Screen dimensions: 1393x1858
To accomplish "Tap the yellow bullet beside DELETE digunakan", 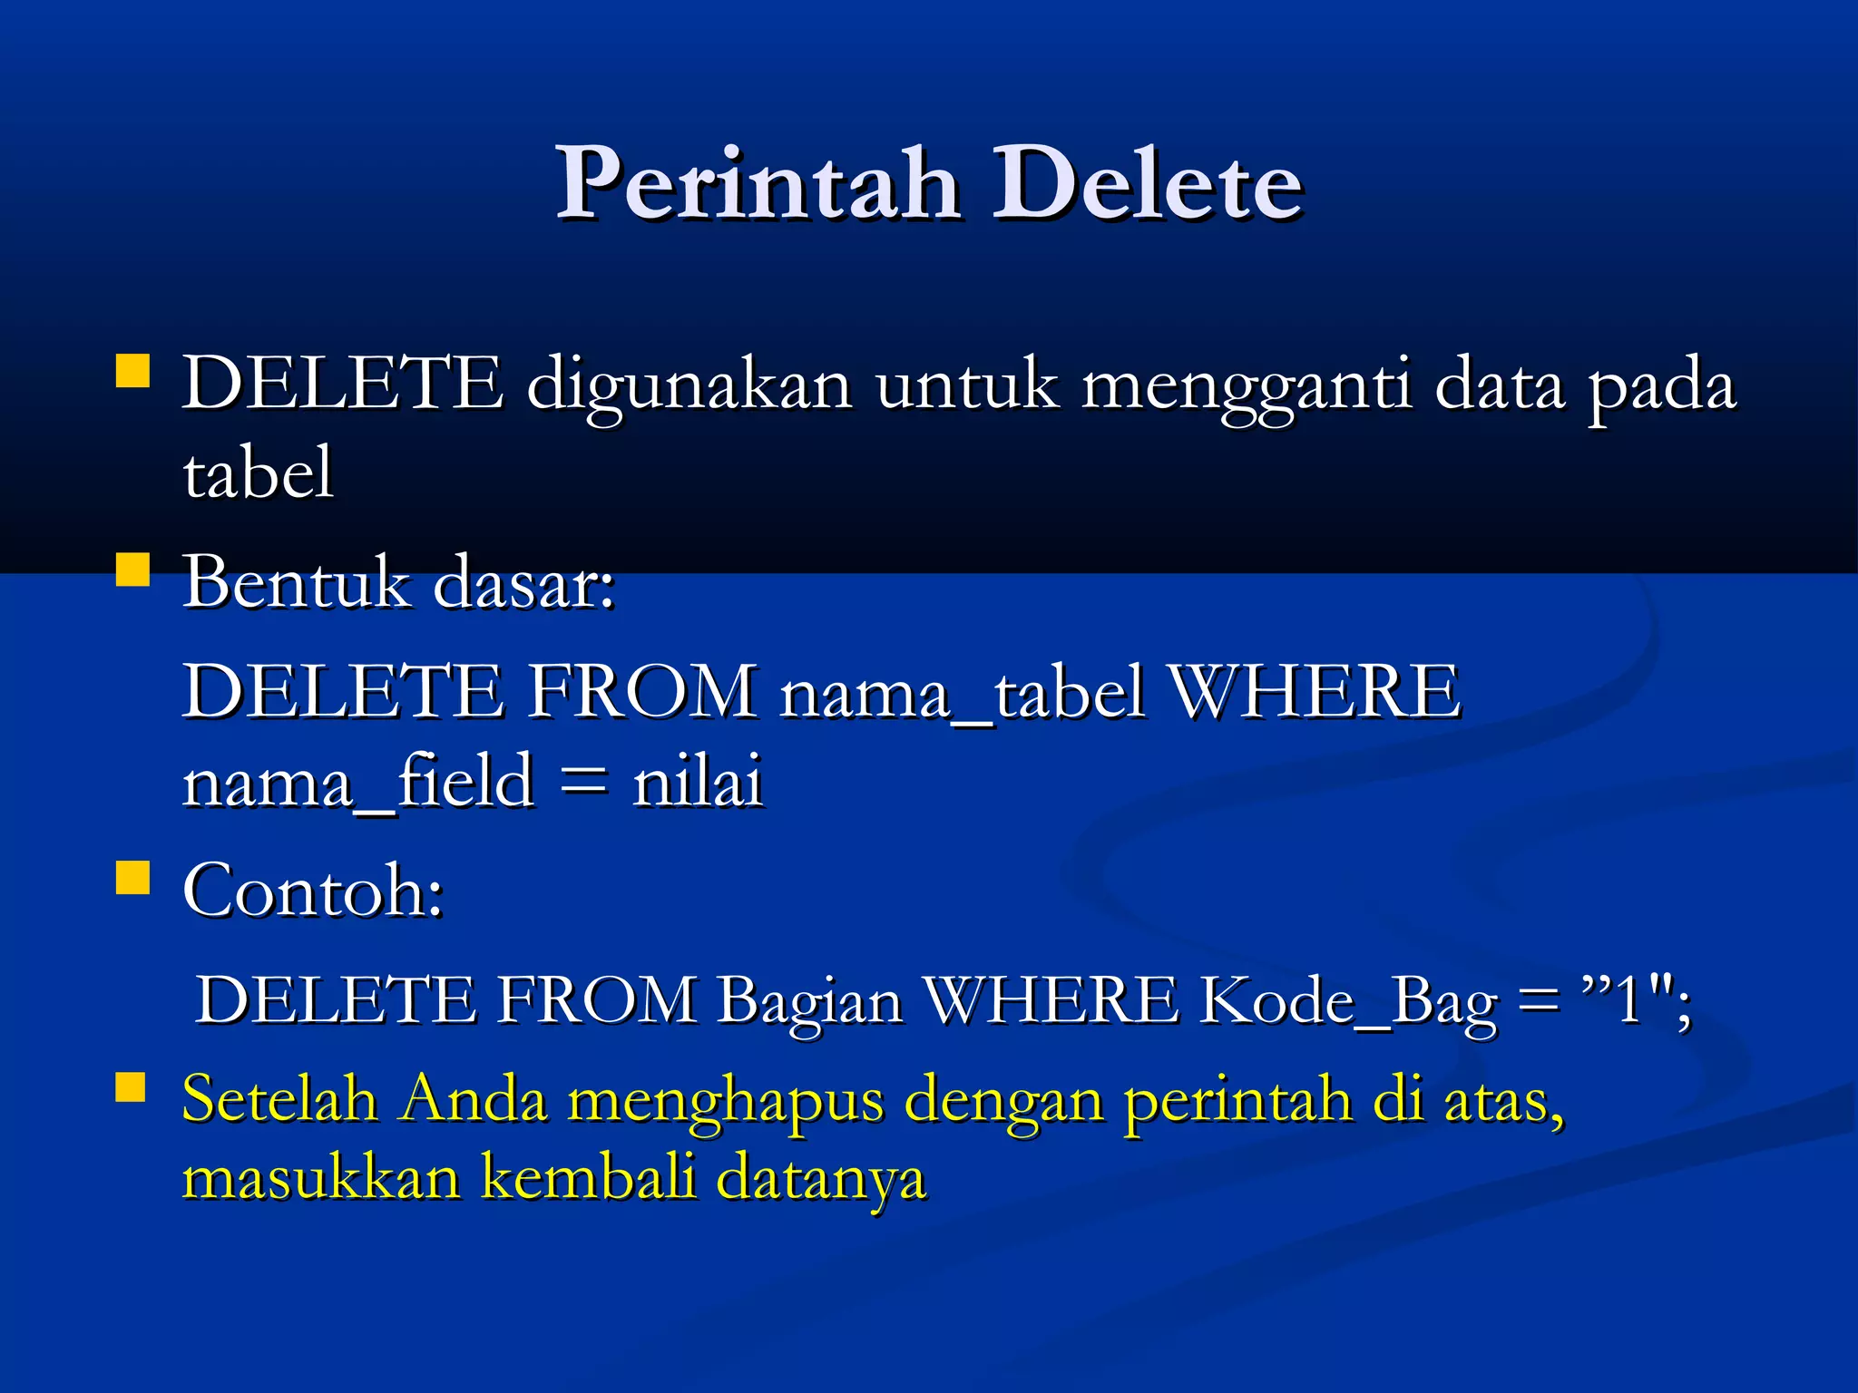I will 133,371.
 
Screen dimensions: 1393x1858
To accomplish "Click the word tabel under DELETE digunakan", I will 259,473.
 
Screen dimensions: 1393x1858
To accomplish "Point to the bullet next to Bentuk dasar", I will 133,570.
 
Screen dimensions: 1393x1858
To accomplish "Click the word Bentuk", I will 296,582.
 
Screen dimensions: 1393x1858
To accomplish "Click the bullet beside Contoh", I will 133,878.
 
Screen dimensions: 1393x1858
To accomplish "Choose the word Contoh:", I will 313,891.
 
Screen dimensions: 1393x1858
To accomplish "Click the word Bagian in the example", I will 810,1002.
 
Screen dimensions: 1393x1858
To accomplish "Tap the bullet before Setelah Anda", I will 132,1087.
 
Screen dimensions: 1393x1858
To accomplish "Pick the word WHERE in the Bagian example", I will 1052,1002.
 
